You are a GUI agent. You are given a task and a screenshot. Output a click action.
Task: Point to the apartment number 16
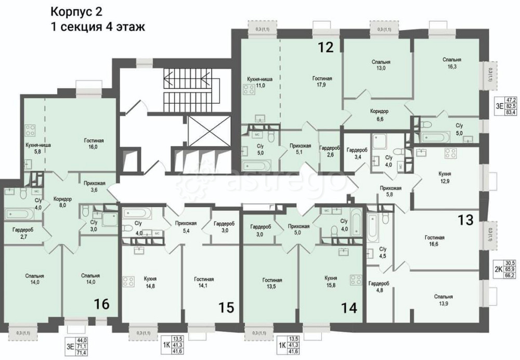click(x=101, y=303)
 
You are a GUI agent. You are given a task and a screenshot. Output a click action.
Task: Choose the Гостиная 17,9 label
click(x=322, y=82)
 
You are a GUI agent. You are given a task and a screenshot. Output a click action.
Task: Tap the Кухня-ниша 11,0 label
click(x=257, y=82)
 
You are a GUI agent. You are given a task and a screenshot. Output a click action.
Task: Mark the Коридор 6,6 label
click(x=379, y=115)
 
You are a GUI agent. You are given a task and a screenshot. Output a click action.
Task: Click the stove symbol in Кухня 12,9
click(x=450, y=154)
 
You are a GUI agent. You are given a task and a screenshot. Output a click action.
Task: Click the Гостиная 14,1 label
click(x=200, y=281)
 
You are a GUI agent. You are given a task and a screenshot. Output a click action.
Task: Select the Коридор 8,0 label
click(x=62, y=202)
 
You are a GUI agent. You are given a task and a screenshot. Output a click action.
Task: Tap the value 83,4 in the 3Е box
click(x=511, y=111)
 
